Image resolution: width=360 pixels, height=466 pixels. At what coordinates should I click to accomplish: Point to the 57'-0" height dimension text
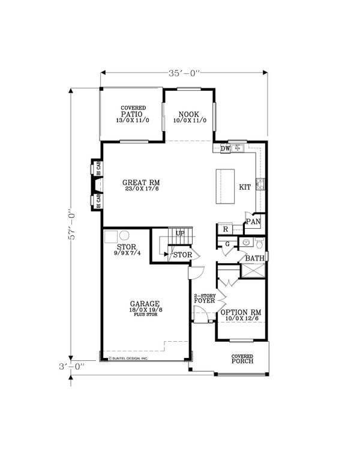(x=70, y=224)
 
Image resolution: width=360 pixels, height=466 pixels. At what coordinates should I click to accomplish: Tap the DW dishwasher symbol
(x=225, y=148)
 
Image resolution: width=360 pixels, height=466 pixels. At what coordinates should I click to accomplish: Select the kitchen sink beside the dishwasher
(x=238, y=148)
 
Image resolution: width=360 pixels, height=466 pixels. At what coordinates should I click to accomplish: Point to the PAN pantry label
(x=253, y=222)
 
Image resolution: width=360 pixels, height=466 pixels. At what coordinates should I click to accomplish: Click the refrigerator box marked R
(x=225, y=229)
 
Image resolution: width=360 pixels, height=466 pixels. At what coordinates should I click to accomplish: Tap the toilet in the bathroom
(x=258, y=243)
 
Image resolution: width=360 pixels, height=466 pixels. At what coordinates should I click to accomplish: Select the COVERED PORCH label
(x=243, y=359)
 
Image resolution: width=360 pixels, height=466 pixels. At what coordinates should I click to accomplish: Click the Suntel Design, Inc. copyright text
(x=128, y=359)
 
